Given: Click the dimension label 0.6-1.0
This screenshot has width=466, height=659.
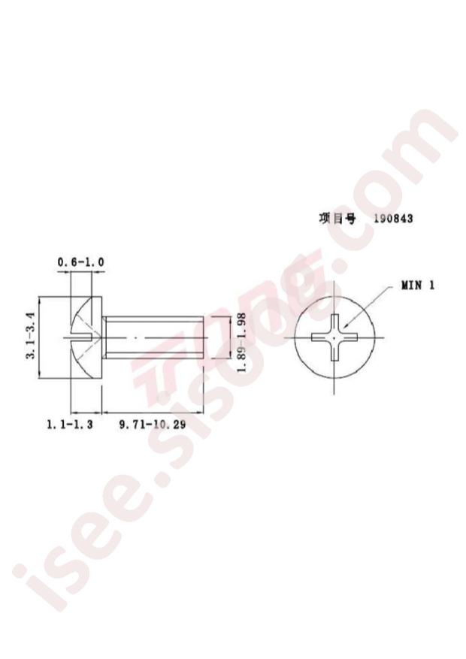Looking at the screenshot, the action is click(80, 262).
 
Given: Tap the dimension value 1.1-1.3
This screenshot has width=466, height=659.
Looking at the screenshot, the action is click(70, 425).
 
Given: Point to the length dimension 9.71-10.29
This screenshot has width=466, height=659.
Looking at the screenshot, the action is click(153, 425).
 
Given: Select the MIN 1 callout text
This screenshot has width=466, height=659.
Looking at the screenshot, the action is click(418, 286).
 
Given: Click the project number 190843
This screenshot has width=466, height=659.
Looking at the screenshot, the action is click(393, 219).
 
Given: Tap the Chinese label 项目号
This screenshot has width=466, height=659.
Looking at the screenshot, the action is click(337, 219).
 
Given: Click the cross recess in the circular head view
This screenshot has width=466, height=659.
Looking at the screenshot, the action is click(334, 337).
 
